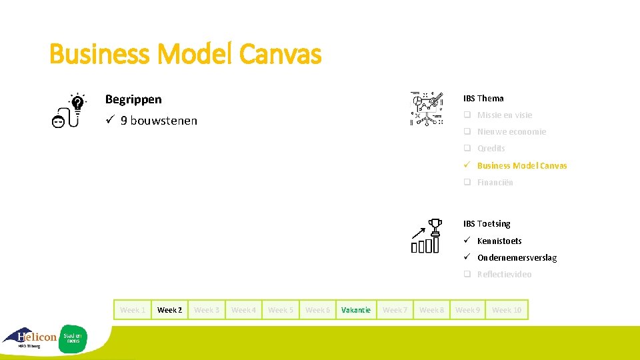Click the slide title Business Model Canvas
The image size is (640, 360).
185,55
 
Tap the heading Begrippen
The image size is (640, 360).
133,99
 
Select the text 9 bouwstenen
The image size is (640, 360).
159,121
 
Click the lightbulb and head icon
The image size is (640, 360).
69,110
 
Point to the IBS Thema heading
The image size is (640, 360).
483,99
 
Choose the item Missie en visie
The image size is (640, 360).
504,115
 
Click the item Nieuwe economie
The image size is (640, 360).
511,132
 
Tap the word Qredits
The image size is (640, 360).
491,149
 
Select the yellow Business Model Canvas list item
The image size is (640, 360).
521,165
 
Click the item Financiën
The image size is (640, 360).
495,183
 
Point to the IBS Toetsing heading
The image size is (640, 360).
487,224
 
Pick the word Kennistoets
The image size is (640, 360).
499,241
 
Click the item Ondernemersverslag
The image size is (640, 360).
517,257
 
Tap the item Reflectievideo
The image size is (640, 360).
504,275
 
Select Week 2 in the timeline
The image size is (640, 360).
169,310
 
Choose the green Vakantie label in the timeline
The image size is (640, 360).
355,310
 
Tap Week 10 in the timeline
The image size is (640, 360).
507,310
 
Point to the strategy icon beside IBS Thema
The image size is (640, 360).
426,108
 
